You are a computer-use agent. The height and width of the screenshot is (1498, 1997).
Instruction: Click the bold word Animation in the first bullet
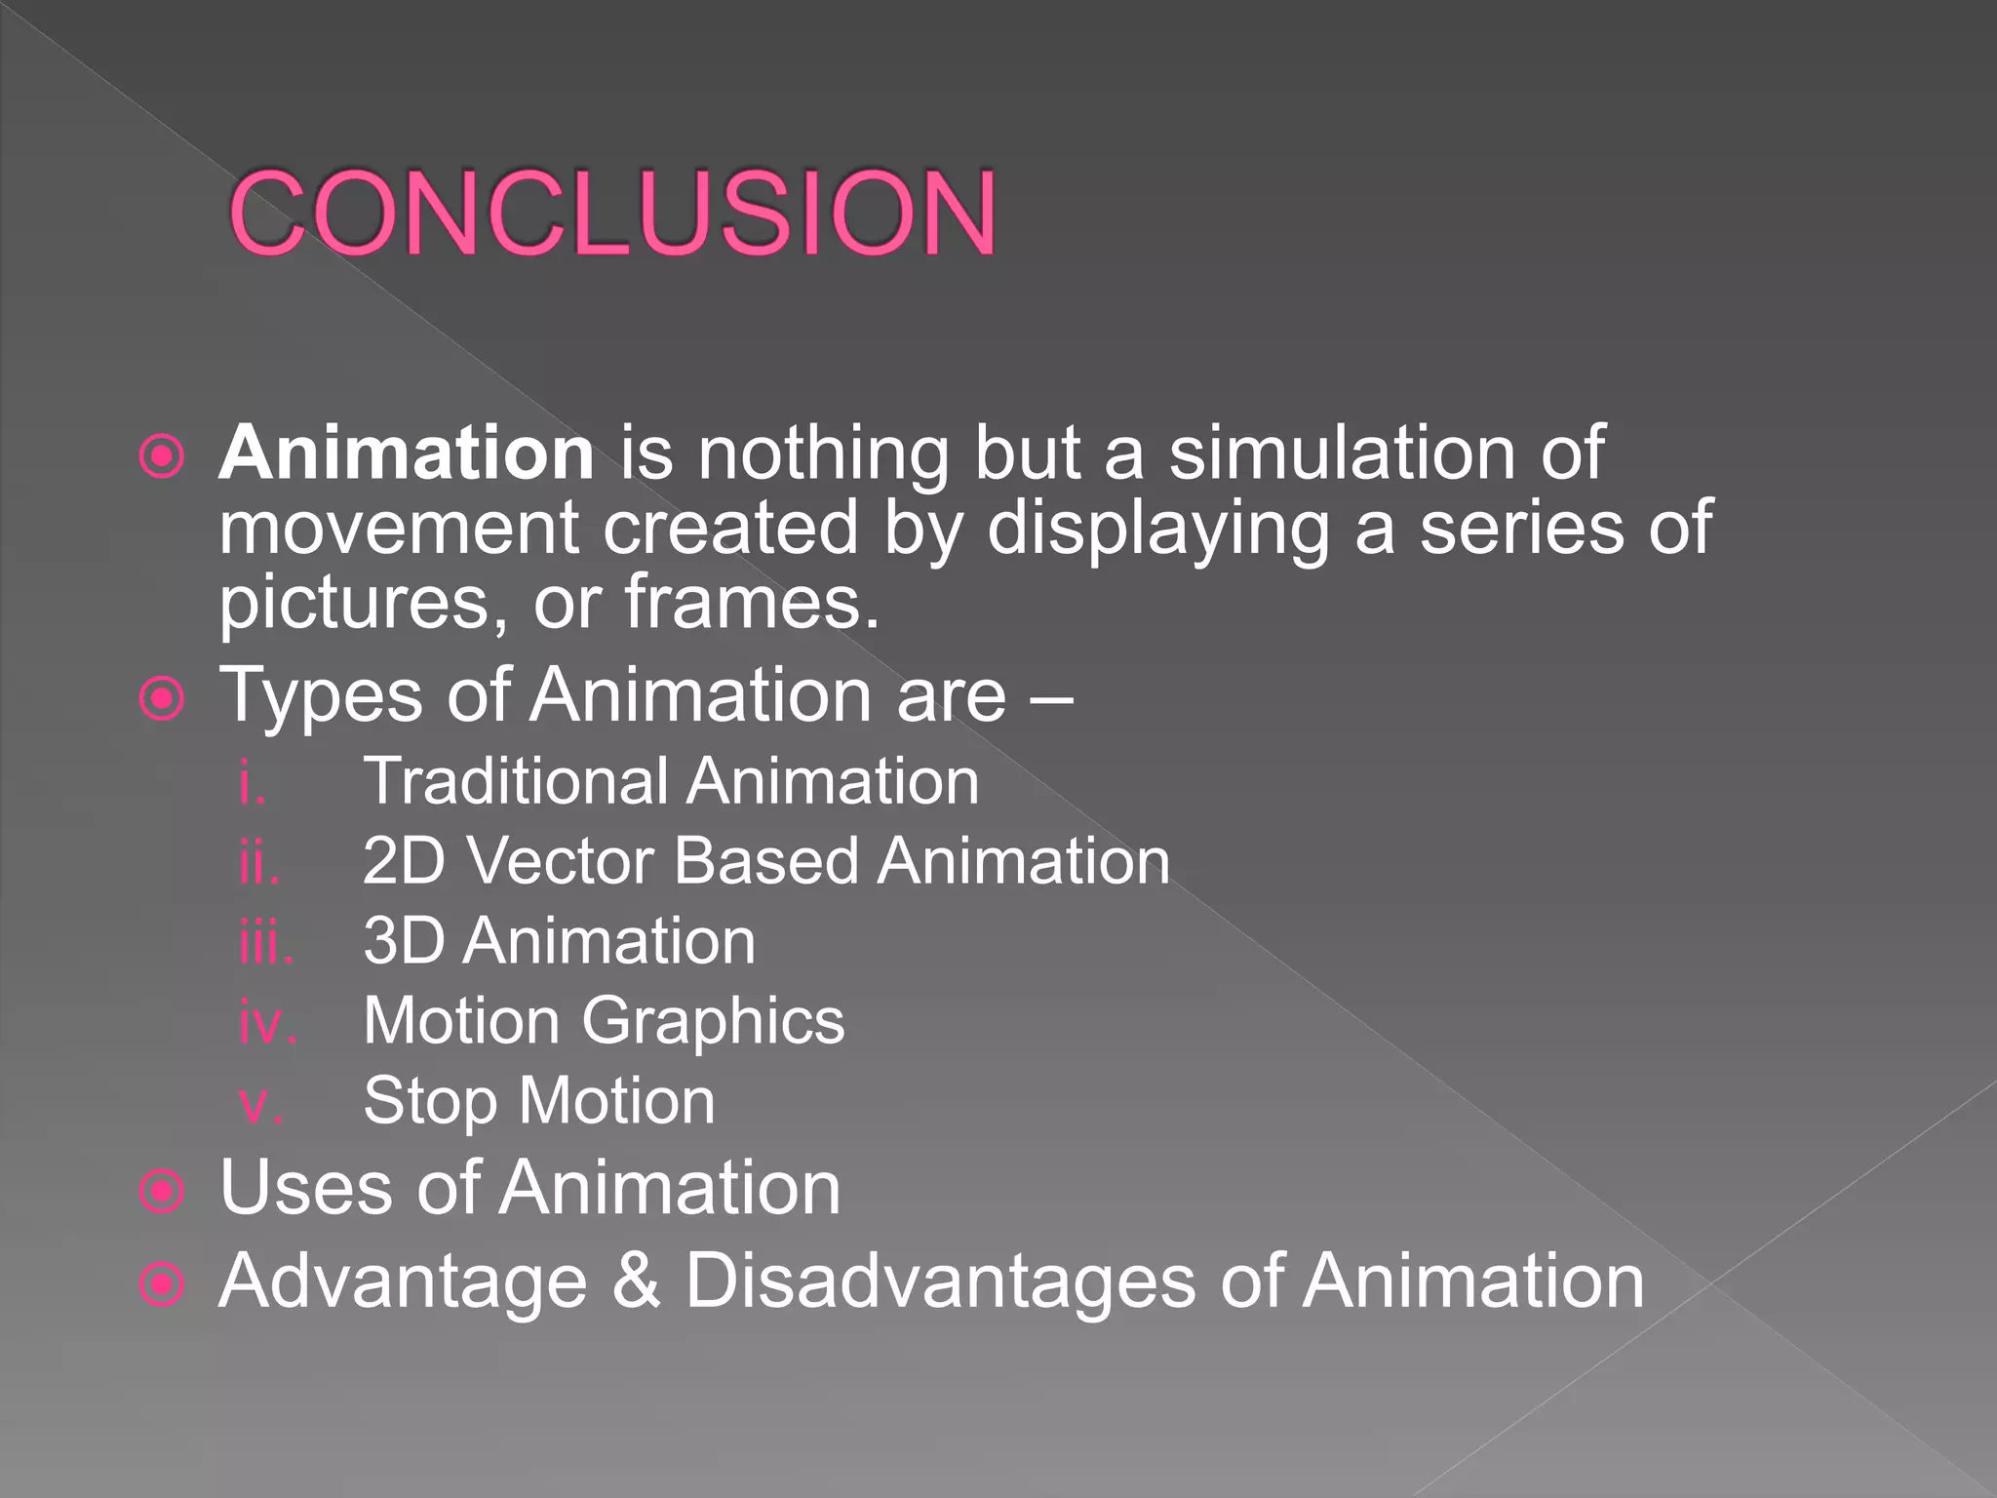[406, 453]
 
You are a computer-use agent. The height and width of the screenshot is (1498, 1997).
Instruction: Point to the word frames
[751, 603]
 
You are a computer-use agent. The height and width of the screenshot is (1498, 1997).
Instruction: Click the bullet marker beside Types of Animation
[162, 698]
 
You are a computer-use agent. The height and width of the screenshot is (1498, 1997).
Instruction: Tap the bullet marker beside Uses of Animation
[162, 1190]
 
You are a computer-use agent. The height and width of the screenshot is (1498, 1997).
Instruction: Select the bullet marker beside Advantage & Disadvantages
[162, 1283]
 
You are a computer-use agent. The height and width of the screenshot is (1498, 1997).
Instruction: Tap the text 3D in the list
[403, 942]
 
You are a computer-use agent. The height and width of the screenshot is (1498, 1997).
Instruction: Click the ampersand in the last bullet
[636, 1281]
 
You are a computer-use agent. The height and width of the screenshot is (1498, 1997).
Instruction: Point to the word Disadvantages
[940, 1281]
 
